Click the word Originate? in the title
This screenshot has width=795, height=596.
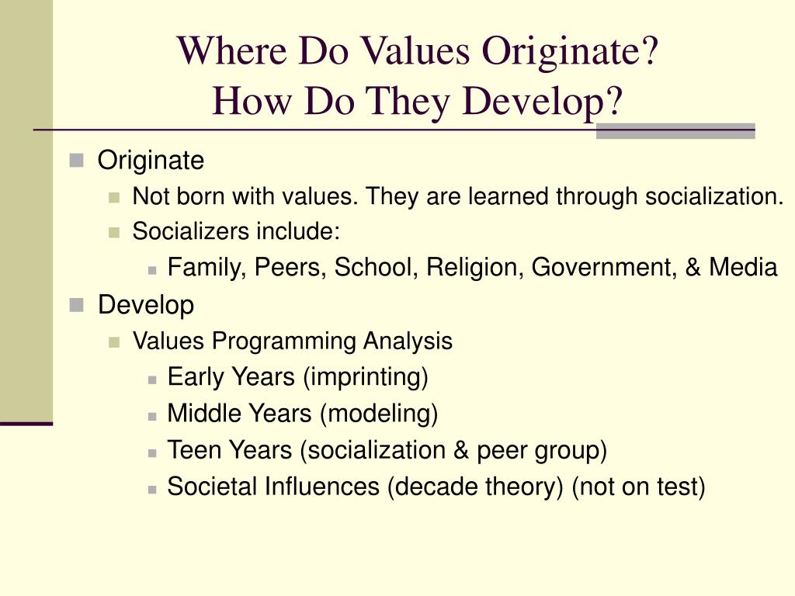[569, 53]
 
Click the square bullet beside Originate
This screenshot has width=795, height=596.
[75, 161]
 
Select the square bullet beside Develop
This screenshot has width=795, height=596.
[75, 305]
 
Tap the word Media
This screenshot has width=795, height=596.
[743, 268]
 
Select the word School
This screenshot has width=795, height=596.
[369, 268]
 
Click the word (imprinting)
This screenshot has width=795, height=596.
[366, 378]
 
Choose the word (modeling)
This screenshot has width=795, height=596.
[378, 414]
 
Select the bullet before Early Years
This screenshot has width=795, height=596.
[153, 379]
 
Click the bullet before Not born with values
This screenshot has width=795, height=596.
[115, 197]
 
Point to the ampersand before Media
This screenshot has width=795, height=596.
[692, 268]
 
